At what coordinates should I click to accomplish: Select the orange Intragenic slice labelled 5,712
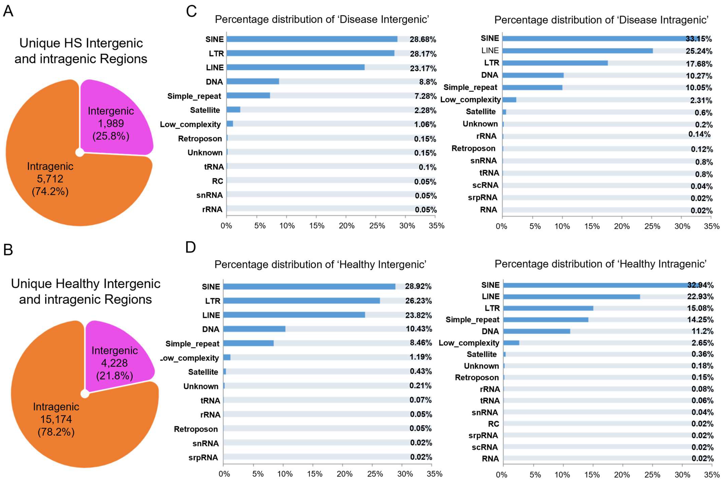[x=61, y=184]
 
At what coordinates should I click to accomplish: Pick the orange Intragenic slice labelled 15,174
[x=67, y=424]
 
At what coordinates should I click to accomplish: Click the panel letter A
[x=8, y=11]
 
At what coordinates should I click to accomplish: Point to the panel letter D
[x=191, y=247]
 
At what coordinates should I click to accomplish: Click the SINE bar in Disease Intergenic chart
[x=312, y=39]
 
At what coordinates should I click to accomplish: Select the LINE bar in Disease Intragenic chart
[x=577, y=51]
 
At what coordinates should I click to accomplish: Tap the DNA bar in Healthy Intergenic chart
[x=254, y=329]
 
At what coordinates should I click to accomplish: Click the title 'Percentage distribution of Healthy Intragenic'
[x=600, y=264]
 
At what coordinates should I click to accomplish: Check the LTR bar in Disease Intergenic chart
[x=310, y=53]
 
